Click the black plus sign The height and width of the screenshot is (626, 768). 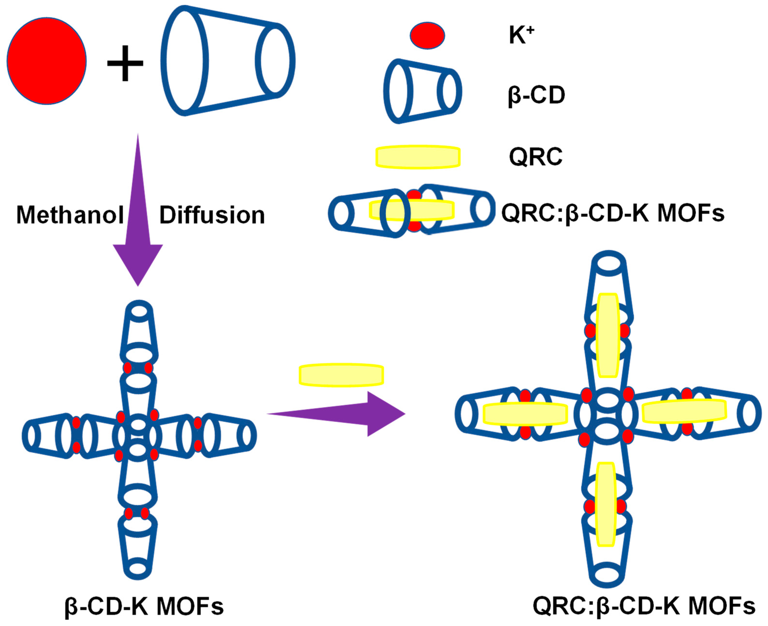125,63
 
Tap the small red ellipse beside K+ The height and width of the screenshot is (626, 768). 427,35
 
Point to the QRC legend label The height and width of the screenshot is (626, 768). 535,157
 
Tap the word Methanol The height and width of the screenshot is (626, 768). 70,215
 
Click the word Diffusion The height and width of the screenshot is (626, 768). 212,215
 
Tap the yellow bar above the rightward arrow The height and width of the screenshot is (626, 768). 341,375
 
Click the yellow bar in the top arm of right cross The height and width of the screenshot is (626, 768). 608,335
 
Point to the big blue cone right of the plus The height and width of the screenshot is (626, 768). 228,60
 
